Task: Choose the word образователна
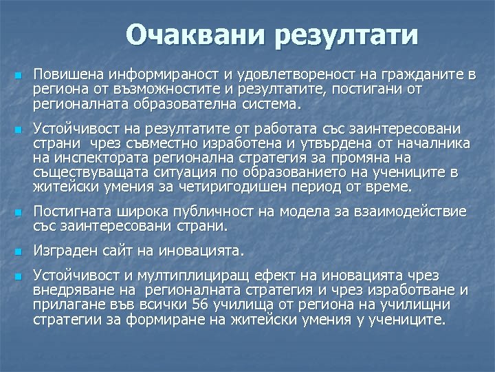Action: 188,104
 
